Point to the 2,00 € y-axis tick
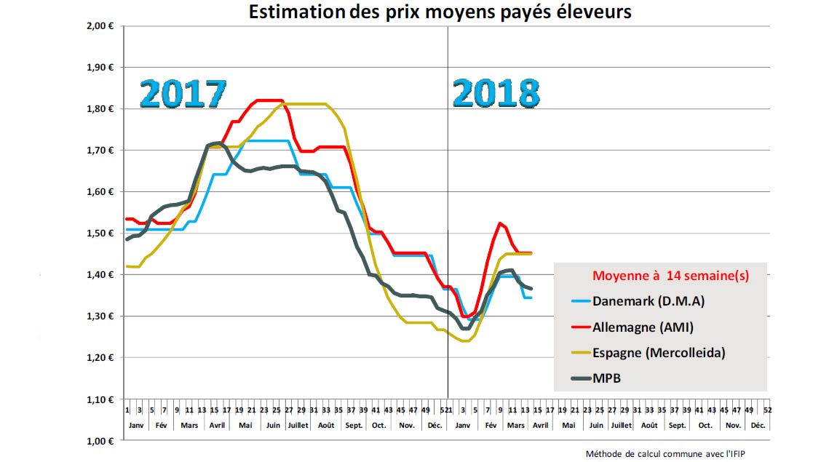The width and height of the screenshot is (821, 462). coord(101,25)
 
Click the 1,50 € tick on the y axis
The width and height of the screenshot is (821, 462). coord(101,233)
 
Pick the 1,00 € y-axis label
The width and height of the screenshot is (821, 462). coord(101,441)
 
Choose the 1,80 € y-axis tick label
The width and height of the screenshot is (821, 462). coord(101,108)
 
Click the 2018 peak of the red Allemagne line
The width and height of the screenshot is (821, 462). coord(500,223)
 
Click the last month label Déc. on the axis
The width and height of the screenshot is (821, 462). coord(758,424)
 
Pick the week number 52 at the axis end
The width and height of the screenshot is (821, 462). coord(768,410)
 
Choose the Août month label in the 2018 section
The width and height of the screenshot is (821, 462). coord(649,424)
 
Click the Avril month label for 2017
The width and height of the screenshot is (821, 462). coord(217,424)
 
